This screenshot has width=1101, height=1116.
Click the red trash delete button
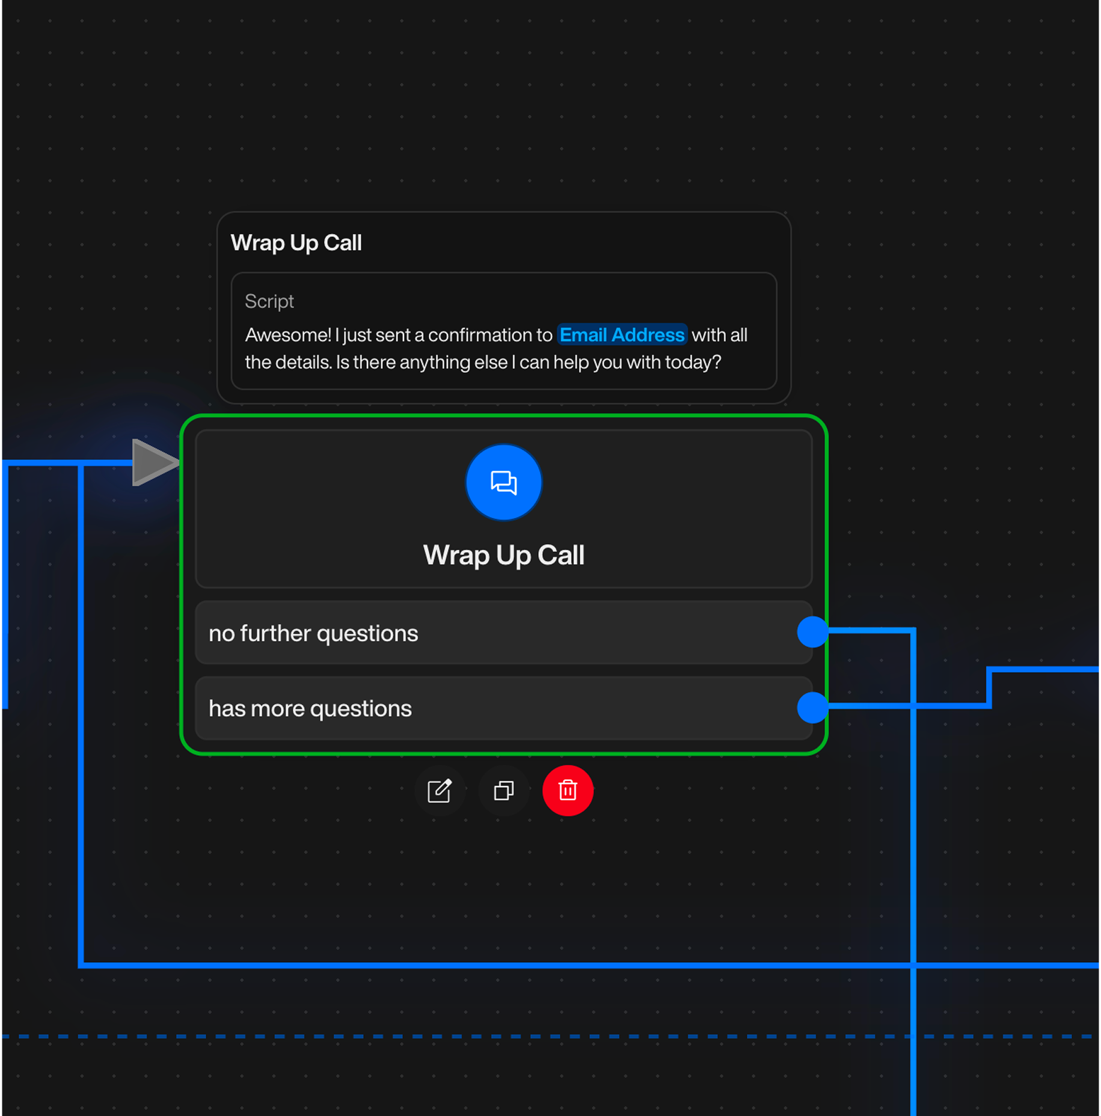568,790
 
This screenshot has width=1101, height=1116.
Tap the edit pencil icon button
440,790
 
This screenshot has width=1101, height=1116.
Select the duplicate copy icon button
504,790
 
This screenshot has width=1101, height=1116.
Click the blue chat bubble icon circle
504,482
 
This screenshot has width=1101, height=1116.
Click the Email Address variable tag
622,335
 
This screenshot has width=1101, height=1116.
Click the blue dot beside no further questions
812,632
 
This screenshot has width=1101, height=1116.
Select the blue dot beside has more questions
812,707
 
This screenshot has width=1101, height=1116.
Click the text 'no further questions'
313,633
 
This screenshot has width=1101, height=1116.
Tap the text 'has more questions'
310,708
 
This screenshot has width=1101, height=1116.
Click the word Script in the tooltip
269,301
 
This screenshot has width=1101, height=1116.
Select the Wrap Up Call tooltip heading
296,243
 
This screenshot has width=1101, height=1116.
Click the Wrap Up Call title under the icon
503,554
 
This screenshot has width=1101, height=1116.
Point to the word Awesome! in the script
288,335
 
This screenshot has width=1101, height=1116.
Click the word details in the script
308,362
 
